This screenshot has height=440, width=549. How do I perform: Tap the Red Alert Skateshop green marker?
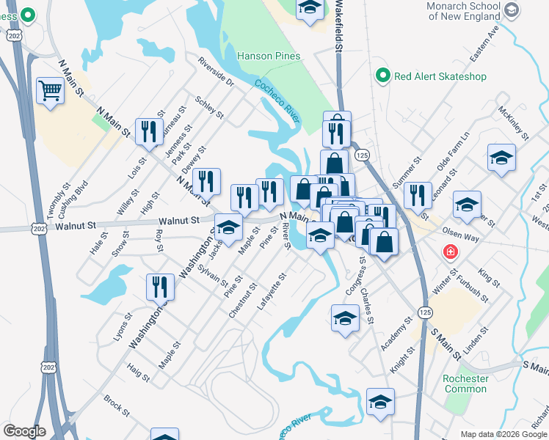click(x=382, y=76)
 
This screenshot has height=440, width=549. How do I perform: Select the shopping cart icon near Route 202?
click(x=51, y=91)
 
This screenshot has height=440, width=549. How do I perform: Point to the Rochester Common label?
click(x=465, y=384)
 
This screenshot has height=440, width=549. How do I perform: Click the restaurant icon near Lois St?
click(x=149, y=132)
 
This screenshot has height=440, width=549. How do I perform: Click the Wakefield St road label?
click(x=339, y=26)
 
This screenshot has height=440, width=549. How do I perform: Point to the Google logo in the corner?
click(x=24, y=431)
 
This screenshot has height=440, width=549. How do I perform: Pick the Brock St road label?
click(x=116, y=404)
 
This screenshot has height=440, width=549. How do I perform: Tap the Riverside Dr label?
click(x=215, y=73)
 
